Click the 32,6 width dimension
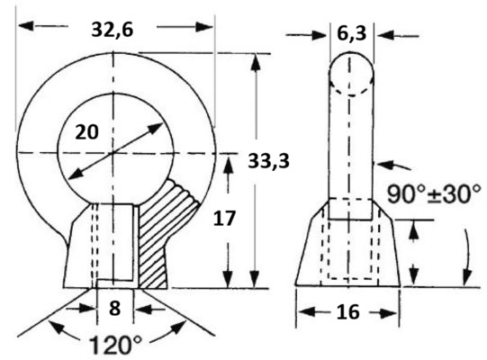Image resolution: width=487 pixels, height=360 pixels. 113,30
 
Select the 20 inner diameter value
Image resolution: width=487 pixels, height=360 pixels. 87,132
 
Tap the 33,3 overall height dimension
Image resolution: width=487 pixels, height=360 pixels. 268,161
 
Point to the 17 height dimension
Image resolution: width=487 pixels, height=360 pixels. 224,218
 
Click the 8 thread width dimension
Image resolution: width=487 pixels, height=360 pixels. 115,309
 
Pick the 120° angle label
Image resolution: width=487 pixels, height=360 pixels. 115,345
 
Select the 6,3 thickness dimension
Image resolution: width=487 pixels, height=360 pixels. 352,33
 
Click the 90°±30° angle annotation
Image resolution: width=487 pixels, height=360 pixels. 434,194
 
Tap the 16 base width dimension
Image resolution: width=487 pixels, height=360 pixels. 347,312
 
